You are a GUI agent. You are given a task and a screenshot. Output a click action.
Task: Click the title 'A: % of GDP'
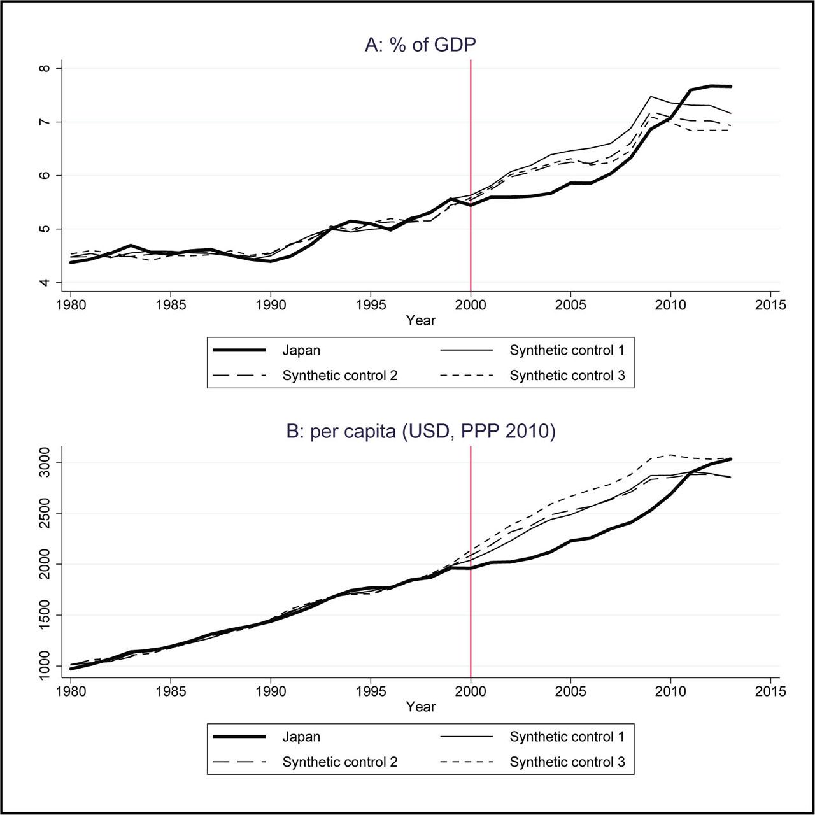[420, 45]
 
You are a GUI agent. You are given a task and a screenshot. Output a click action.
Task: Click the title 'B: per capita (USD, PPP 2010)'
[421, 432]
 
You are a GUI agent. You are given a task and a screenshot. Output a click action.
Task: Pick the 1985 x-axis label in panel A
[171, 304]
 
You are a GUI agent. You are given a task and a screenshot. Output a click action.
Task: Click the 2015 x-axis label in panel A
[770, 304]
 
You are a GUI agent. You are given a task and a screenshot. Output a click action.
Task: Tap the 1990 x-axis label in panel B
[271, 691]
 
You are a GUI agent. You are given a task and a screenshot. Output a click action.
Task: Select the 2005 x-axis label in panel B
[570, 691]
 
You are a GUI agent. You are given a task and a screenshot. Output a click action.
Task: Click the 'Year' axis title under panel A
[420, 320]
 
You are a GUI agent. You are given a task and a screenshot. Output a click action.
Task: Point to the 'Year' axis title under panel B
[420, 706]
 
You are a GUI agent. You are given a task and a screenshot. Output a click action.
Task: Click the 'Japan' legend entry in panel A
[301, 350]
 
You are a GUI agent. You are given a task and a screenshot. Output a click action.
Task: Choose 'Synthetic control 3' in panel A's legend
[567, 375]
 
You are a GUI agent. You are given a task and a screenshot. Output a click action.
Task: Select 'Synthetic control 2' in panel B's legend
[340, 762]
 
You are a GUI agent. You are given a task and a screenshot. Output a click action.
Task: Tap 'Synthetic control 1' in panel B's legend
[567, 736]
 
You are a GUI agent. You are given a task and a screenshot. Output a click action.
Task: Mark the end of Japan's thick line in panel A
[731, 87]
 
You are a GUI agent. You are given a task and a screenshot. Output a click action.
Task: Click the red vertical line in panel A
[471, 175]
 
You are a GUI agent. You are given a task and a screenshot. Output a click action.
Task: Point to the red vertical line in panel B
[471, 562]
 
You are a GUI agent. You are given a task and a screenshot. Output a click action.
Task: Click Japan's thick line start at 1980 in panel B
[71, 669]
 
